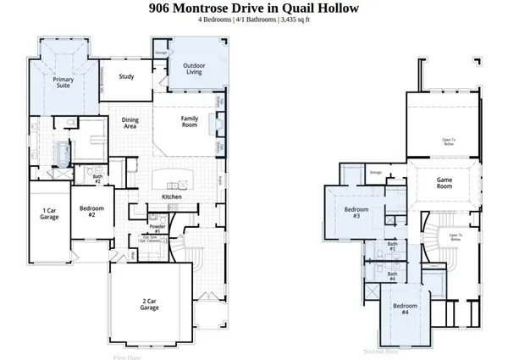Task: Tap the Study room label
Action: pyautogui.click(x=127, y=76)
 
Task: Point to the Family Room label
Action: pyautogui.click(x=190, y=121)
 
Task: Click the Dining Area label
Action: pyautogui.click(x=130, y=124)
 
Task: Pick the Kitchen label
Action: pyautogui.click(x=172, y=197)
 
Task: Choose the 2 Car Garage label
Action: pyautogui.click(x=150, y=302)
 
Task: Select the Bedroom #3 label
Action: pyautogui.click(x=356, y=213)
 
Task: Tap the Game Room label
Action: pyautogui.click(x=446, y=182)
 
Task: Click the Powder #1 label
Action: pyautogui.click(x=157, y=229)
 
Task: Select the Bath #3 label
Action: pyautogui.click(x=392, y=246)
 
